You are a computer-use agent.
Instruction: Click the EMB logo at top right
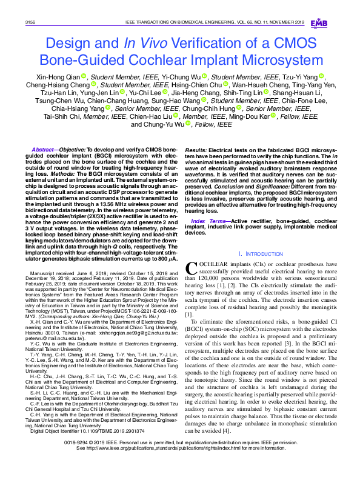pos(318,23)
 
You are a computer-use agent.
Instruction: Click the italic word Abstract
pos(44,149)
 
